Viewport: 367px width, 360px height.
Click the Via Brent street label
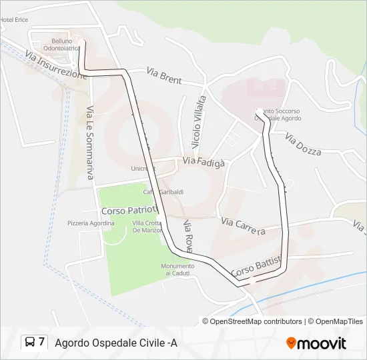(163, 77)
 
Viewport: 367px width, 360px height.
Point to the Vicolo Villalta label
(200, 121)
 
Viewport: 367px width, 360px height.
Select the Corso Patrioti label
(128, 208)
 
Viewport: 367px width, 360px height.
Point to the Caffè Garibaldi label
(163, 192)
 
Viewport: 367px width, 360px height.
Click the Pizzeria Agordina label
(91, 223)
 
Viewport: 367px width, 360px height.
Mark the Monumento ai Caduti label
(177, 269)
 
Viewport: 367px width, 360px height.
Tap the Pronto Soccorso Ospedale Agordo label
(278, 115)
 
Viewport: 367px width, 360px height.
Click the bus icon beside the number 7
(30, 343)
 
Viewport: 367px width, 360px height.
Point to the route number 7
(42, 343)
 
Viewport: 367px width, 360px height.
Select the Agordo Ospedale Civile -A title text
(116, 343)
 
